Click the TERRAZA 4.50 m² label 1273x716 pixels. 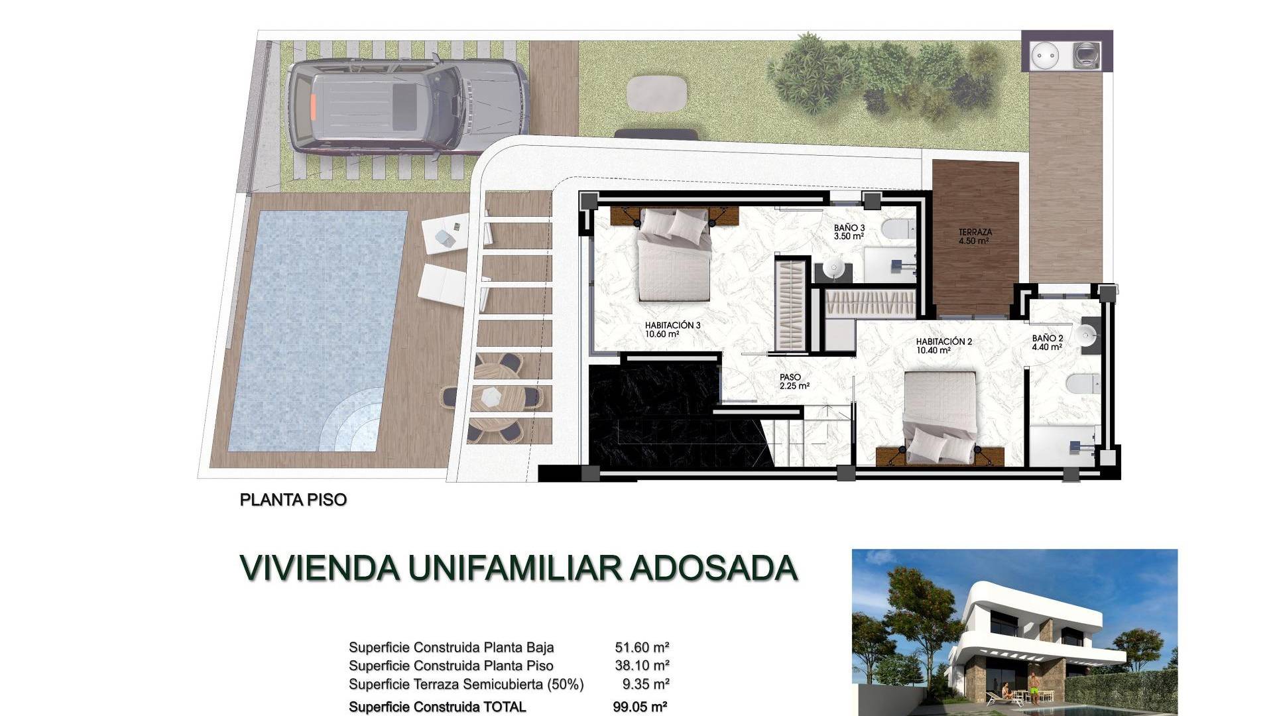click(975, 237)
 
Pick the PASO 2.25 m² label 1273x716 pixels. click(794, 381)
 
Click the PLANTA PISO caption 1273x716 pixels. click(293, 500)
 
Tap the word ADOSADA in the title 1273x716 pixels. click(713, 567)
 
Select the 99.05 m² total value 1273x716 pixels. click(640, 707)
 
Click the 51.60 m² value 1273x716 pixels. click(642, 647)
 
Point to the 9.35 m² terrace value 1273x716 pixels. click(646, 684)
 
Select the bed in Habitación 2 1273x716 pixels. click(940, 416)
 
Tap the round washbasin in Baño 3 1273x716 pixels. click(832, 268)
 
